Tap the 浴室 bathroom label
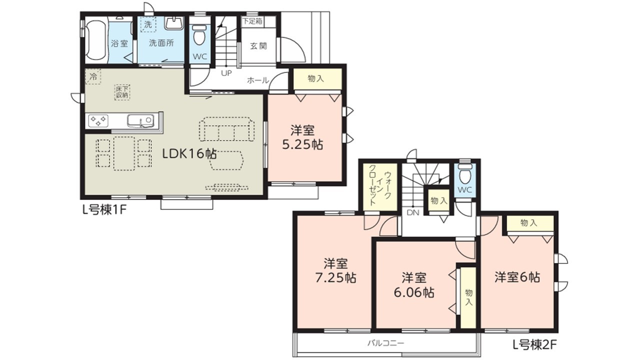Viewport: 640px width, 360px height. pyautogui.click(x=119, y=43)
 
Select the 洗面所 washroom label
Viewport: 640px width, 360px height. pyautogui.click(x=161, y=43)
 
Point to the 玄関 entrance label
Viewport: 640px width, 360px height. pyautogui.click(x=258, y=45)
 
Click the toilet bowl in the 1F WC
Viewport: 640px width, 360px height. pyautogui.click(x=199, y=35)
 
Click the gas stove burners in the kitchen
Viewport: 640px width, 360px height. pyautogui.click(x=98, y=120)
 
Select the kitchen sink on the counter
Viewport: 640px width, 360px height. pyautogui.click(x=140, y=121)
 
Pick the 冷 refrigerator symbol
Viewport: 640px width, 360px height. pyautogui.click(x=93, y=76)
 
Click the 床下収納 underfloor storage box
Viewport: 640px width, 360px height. pyautogui.click(x=122, y=92)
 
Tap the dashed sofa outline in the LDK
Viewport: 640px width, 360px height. pyautogui.click(x=227, y=129)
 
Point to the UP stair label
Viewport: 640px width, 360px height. pyautogui.click(x=226, y=73)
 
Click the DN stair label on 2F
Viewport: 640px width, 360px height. pyautogui.click(x=413, y=212)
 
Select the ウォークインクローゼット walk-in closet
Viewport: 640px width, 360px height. pyautogui.click(x=380, y=187)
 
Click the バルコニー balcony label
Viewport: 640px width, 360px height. pyautogui.click(x=385, y=343)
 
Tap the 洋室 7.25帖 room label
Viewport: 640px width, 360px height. pyautogui.click(x=335, y=270)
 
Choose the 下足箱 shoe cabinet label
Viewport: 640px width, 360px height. pyautogui.click(x=252, y=21)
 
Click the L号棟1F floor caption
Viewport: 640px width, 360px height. pyautogui.click(x=104, y=210)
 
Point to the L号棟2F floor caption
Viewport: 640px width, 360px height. pyautogui.click(x=534, y=345)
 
